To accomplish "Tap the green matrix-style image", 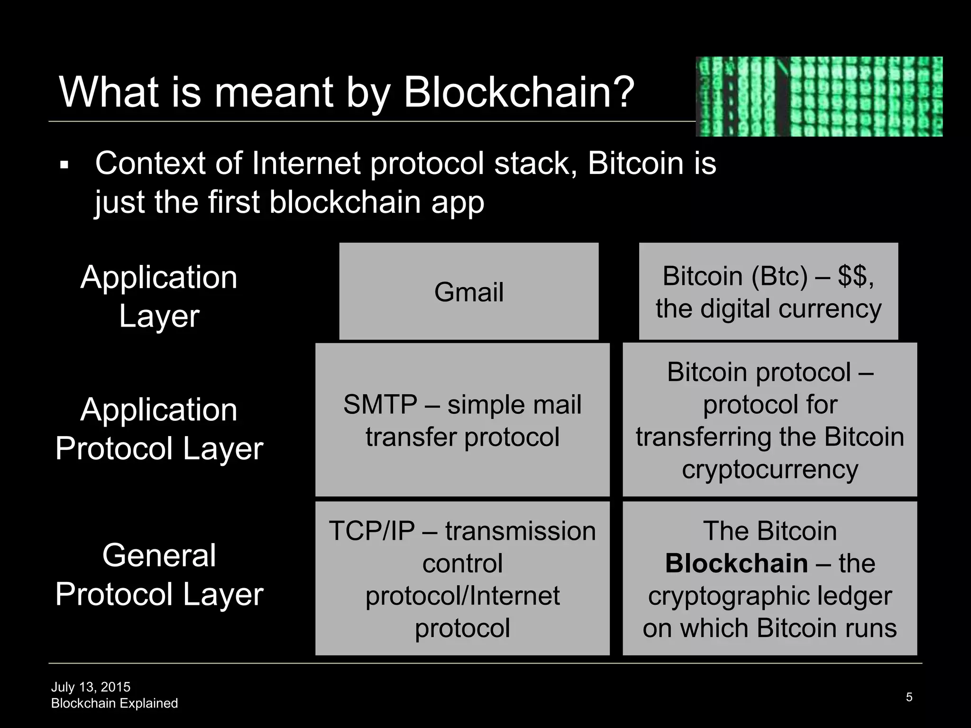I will (819, 97).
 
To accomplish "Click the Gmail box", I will (469, 291).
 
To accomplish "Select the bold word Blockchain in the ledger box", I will (736, 564).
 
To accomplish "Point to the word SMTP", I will (380, 405).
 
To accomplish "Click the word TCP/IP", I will (372, 531).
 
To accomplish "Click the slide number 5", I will (909, 697).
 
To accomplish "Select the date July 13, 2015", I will (91, 687).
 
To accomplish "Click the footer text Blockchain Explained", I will (114, 703).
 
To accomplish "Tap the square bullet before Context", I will (64, 165).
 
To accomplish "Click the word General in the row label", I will (159, 555).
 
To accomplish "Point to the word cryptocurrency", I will (769, 470).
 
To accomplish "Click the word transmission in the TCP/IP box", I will (520, 531).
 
